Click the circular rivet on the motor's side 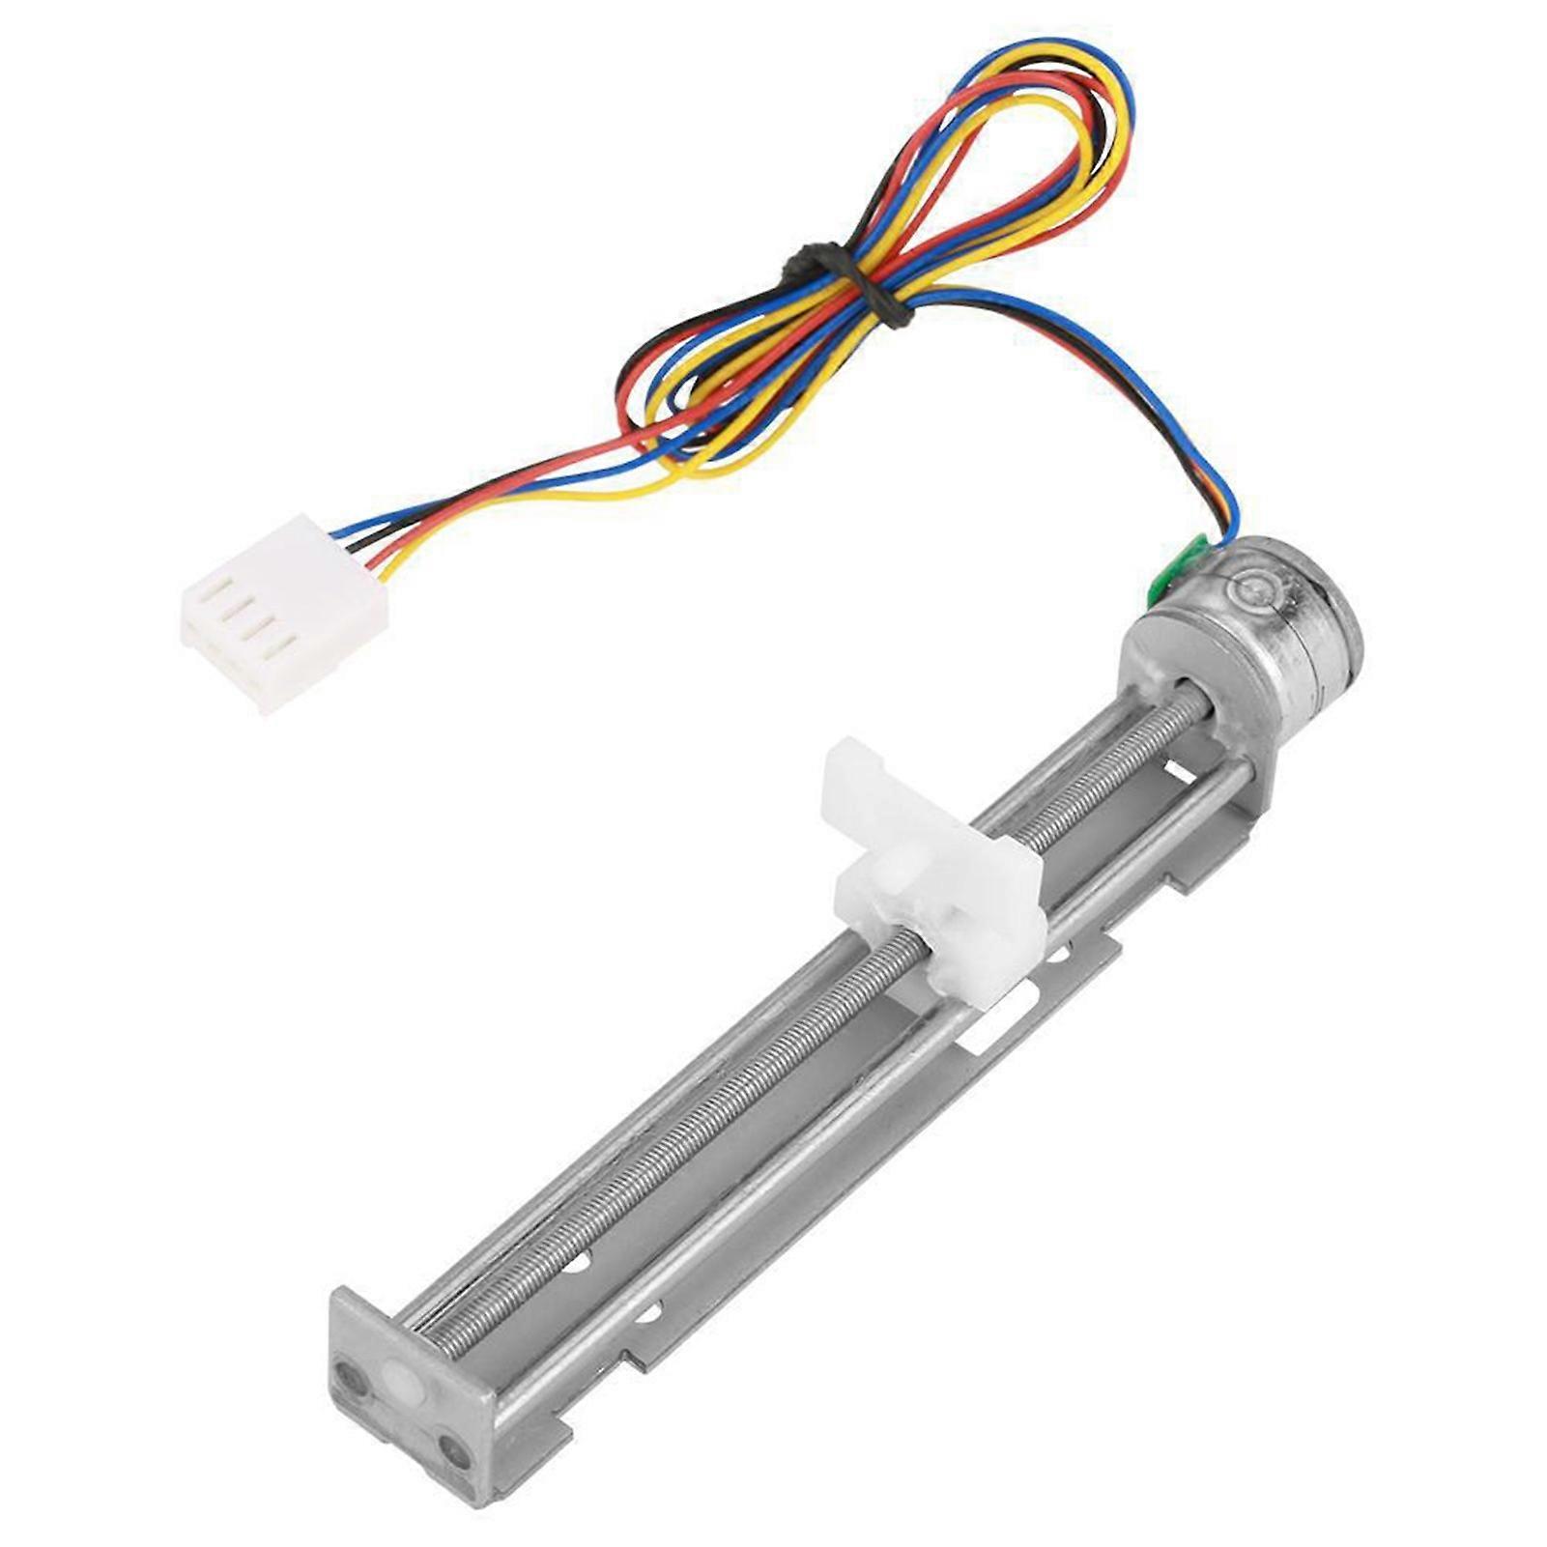coord(1257,587)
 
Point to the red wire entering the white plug coord(372,560)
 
